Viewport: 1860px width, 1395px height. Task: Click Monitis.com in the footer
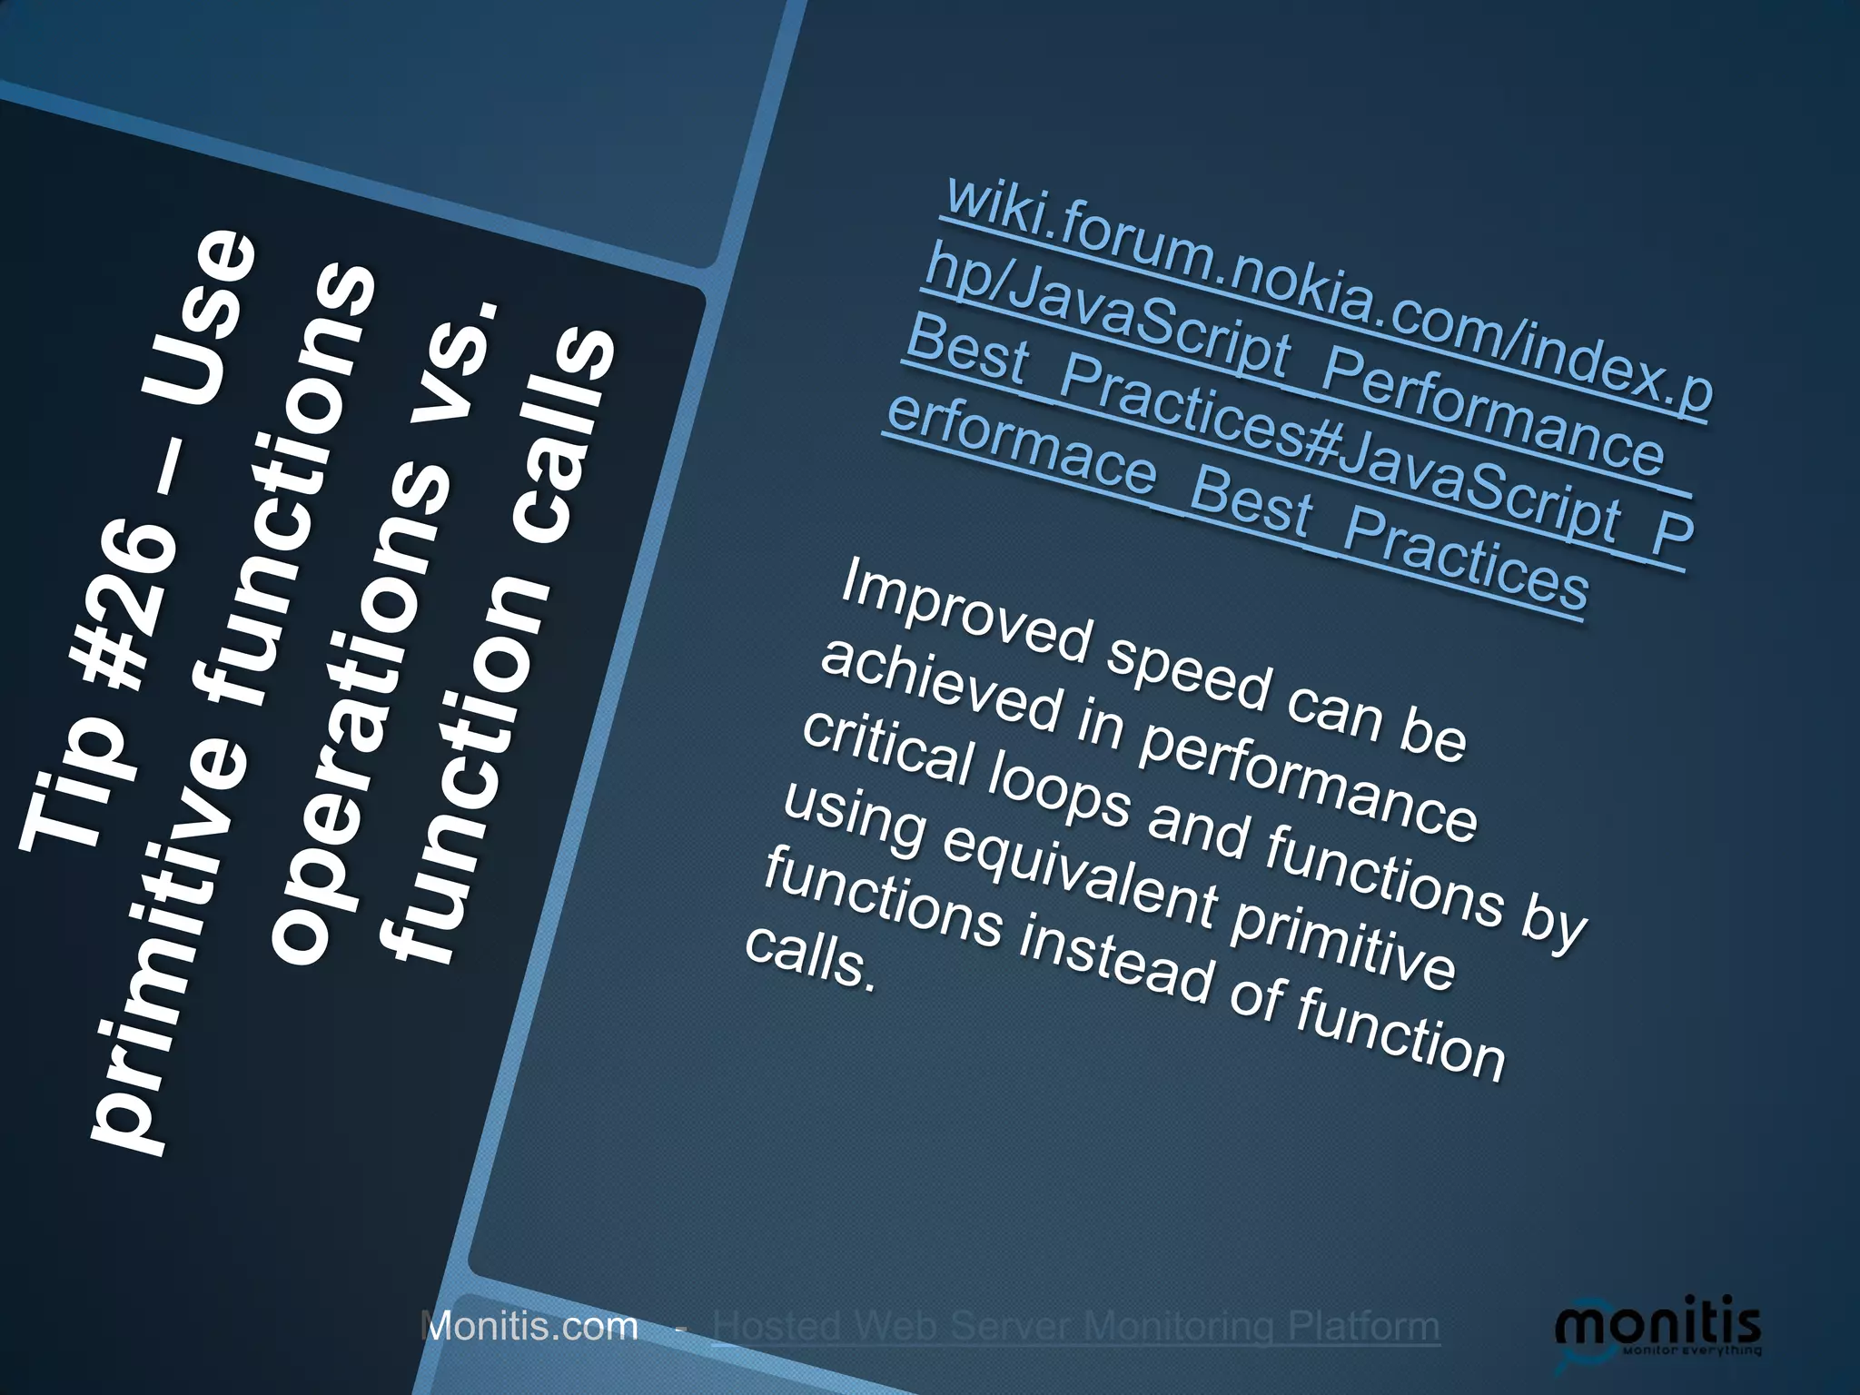(530, 1327)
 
